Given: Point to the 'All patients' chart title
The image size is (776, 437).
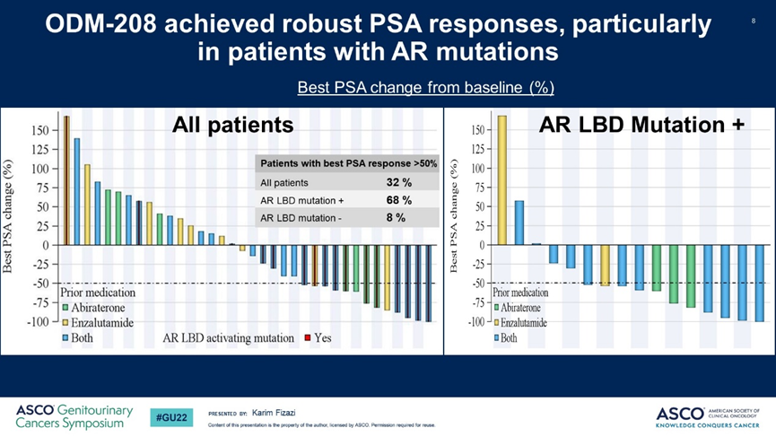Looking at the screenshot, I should pos(232,126).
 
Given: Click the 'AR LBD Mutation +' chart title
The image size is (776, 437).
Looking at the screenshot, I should pos(641,126).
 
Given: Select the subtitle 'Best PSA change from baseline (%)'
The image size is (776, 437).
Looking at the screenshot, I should pos(425,87).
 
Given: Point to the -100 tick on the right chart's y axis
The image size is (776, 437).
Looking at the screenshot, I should pos(475,321).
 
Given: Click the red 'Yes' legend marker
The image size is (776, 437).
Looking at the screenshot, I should pos(307,338).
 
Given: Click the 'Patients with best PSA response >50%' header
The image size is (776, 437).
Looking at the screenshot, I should pos(348,163).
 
